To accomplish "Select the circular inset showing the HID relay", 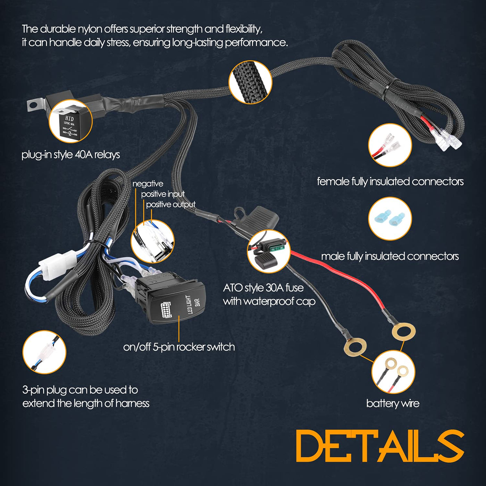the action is pos(70,121).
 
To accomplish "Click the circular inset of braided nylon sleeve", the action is pos(250,82).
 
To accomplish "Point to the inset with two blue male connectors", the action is pos(390,219).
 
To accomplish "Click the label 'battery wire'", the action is pos(393,404).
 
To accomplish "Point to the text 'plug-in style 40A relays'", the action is pos(70,155).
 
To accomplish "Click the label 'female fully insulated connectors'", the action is pos(390,182).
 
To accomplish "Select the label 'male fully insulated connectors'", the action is pos(390,256).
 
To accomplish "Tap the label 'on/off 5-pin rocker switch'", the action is pos(179,347).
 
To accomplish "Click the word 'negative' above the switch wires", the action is pos(148,184).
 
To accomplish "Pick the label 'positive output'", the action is pos(171,204).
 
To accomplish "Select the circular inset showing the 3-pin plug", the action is pos(44,352).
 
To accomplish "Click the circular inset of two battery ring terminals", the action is pos(393,371).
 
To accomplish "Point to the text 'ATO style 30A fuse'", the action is pos(263,288).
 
